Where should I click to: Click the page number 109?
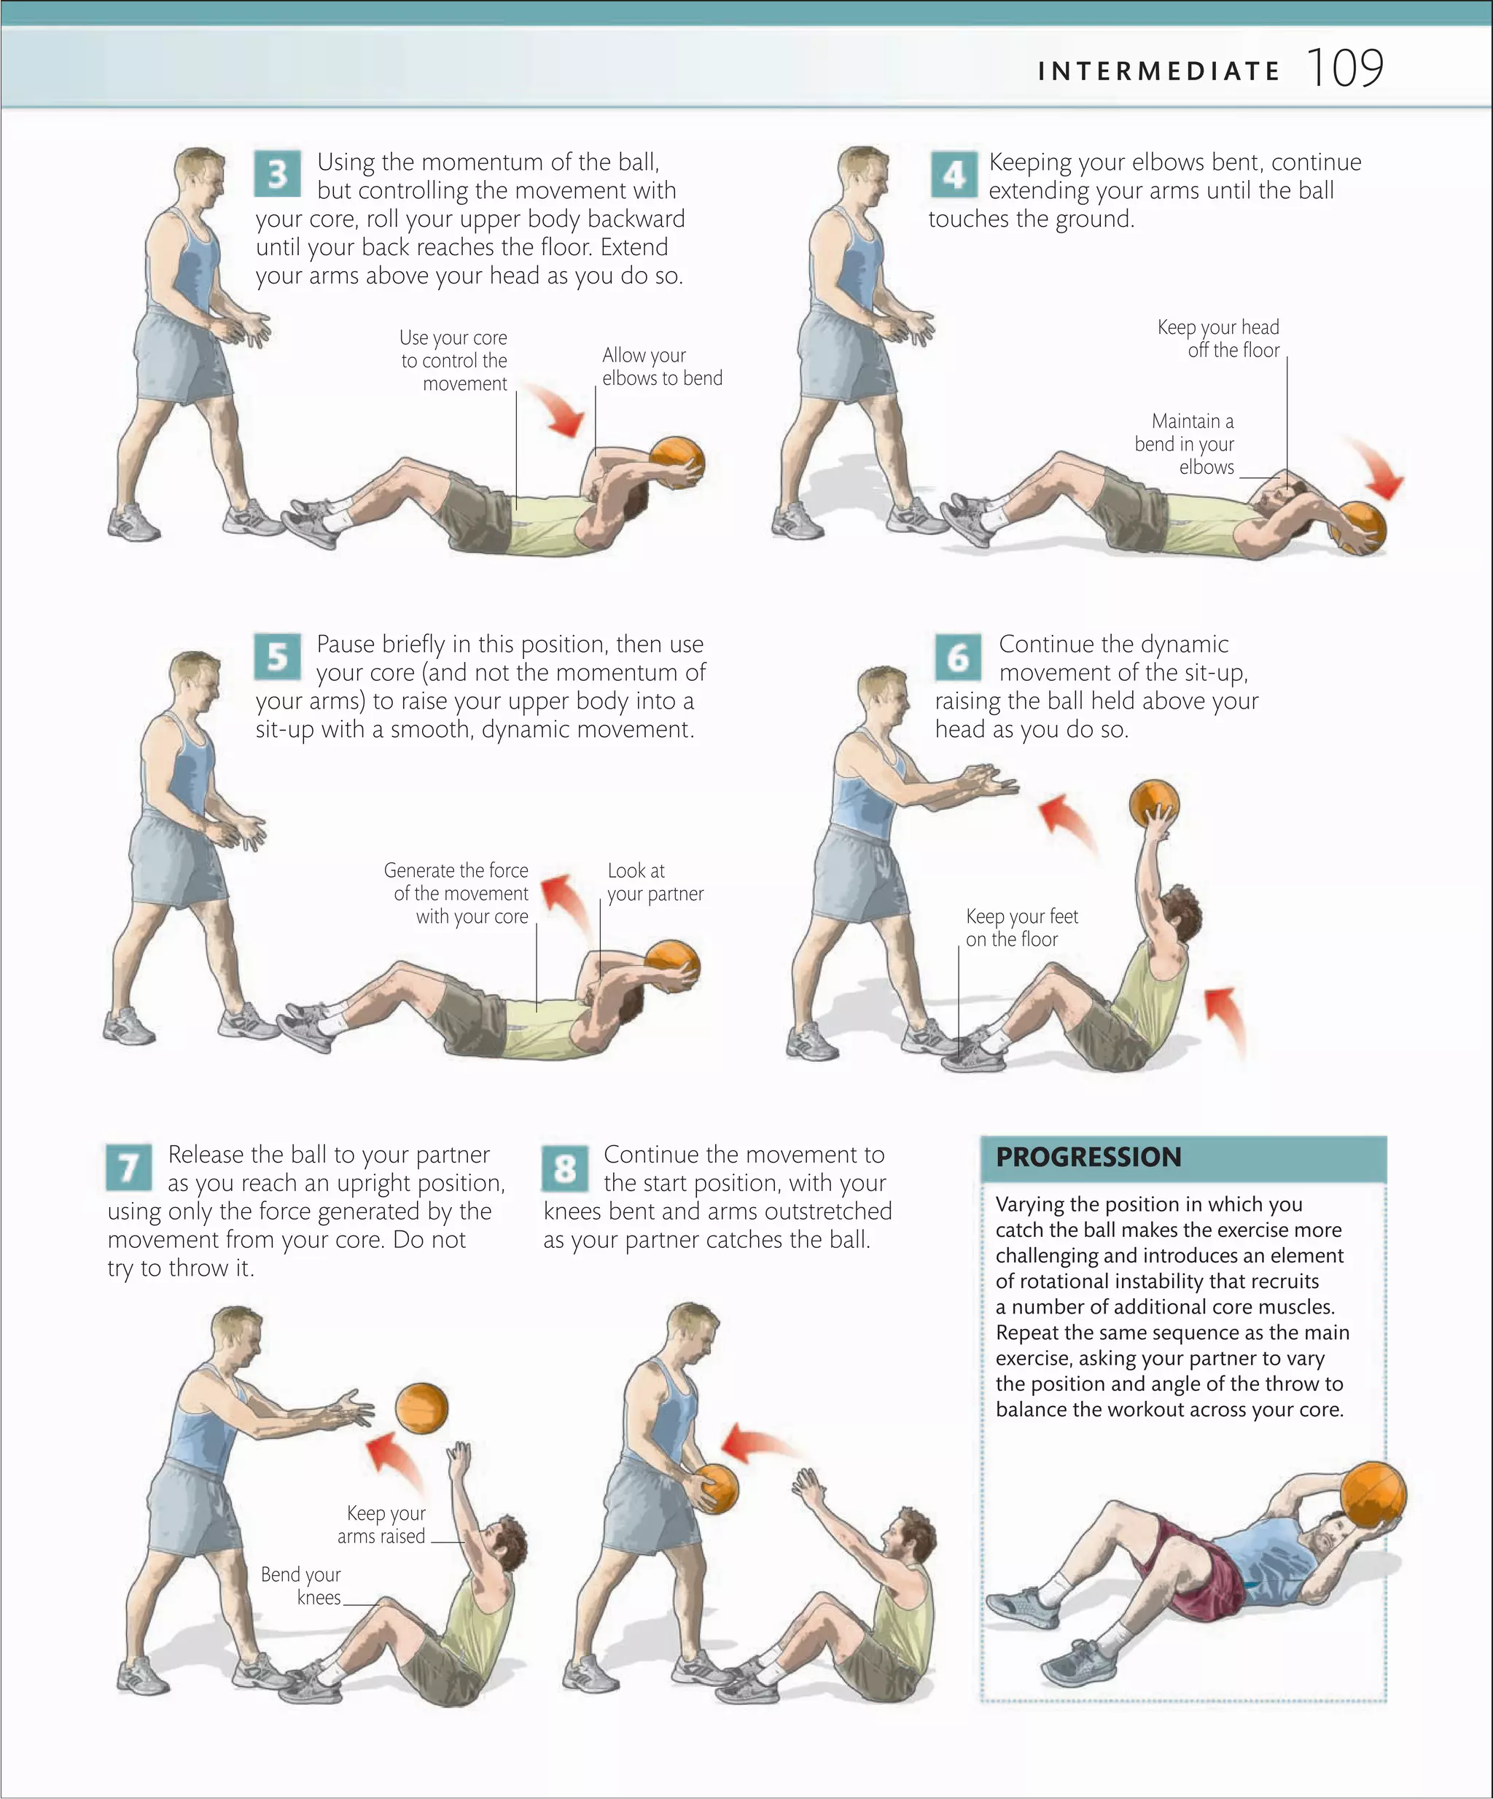1345,68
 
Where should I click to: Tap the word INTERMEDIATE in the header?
1158,71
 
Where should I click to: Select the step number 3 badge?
277,174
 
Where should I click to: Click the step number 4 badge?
954,174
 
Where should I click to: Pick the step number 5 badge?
277,656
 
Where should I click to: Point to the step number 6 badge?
958,656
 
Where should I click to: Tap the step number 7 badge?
128,1167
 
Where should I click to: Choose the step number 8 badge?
564,1168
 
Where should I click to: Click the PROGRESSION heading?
1088,1158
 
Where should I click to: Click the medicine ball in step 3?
677,461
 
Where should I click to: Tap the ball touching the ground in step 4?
1360,527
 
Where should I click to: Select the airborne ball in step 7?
421,1408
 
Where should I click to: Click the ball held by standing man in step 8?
715,1489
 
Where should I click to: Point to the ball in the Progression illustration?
1373,1494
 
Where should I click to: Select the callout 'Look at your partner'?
655,882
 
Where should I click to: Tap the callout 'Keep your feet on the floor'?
1021,928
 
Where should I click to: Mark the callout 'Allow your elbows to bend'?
661,367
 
